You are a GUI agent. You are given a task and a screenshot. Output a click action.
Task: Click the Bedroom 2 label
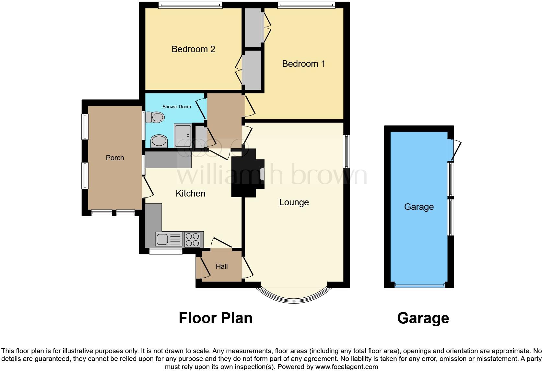[193, 49]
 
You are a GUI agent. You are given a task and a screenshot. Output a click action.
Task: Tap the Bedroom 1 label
[303, 64]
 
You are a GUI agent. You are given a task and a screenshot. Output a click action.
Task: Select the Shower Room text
[177, 107]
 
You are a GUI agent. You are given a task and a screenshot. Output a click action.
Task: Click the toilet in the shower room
[155, 117]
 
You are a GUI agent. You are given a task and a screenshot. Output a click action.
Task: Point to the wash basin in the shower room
[159, 141]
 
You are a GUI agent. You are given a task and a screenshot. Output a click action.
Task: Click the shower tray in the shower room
[183, 136]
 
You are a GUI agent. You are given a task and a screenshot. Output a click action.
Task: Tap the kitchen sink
[169, 239]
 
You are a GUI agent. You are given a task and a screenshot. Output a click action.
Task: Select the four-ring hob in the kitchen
[192, 240]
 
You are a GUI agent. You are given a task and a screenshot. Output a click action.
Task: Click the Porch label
[115, 158]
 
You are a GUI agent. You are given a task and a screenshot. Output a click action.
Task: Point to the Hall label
[222, 267]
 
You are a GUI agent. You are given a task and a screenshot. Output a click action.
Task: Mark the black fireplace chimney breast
[245, 173]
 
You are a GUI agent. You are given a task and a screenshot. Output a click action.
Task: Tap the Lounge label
[294, 202]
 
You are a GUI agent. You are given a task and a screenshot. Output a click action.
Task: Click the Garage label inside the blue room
[418, 207]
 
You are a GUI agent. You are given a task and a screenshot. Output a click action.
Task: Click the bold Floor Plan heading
[216, 318]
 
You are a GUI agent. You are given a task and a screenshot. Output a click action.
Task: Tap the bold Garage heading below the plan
[423, 318]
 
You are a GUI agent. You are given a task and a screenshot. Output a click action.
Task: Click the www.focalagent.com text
[347, 367]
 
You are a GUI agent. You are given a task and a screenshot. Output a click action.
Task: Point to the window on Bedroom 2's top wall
[190, 5]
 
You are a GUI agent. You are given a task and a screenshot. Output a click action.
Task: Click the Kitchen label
[190, 194]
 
